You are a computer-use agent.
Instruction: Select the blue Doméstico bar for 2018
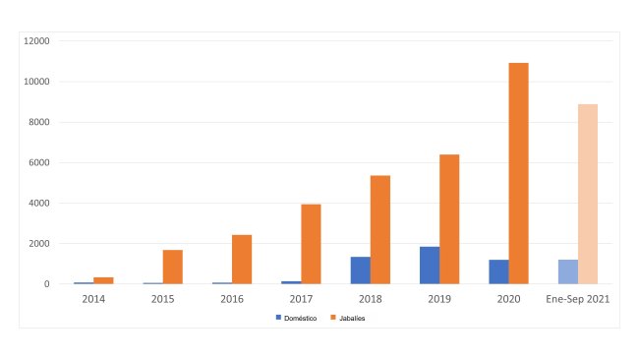pos(360,270)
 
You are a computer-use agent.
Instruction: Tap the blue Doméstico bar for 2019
pos(429,266)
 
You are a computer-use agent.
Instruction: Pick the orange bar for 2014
pos(103,280)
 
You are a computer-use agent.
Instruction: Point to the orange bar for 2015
pos(173,267)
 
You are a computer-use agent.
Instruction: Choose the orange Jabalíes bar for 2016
pos(242,260)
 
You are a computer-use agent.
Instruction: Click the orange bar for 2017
pos(311,244)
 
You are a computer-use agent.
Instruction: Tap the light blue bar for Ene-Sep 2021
pos(567,271)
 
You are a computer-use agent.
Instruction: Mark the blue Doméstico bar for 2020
pos(498,271)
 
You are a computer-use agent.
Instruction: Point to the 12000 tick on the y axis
pos(38,41)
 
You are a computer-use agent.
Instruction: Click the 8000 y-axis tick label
pos(40,122)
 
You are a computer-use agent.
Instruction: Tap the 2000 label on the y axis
pos(40,244)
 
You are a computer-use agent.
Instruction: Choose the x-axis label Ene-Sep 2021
pos(578,299)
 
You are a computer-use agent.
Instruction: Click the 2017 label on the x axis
pos(302,299)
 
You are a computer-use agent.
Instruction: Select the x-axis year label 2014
pos(93,299)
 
